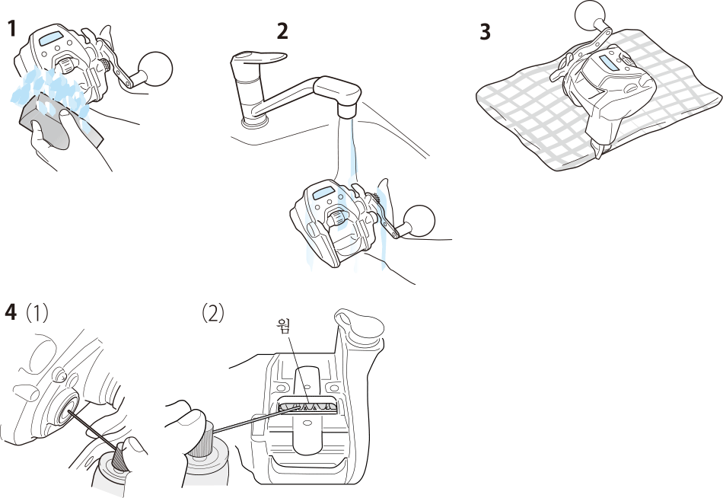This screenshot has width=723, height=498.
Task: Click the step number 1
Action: click(x=11, y=29)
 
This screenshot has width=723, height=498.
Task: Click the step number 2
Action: click(x=282, y=31)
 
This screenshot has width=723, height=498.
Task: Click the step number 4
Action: click(x=11, y=313)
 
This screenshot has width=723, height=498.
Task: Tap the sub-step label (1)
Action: click(x=37, y=314)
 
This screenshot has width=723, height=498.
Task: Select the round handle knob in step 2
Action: click(x=419, y=222)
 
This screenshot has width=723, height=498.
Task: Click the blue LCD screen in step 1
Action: click(x=52, y=38)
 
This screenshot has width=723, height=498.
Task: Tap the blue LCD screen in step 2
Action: click(x=326, y=193)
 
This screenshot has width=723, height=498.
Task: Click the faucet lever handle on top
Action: click(x=259, y=56)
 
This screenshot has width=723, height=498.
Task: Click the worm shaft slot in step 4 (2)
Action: click(x=305, y=406)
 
